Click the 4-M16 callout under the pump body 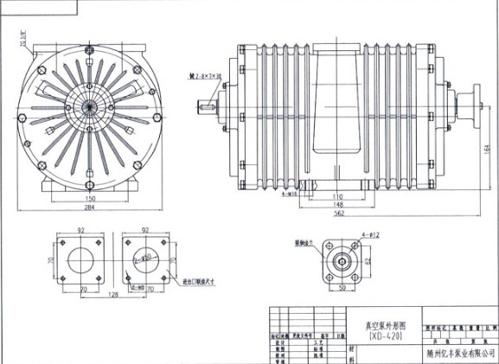coord(291,195)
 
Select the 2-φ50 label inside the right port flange coord(136,259)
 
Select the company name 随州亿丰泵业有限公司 coord(459,352)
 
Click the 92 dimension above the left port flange coord(80,230)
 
